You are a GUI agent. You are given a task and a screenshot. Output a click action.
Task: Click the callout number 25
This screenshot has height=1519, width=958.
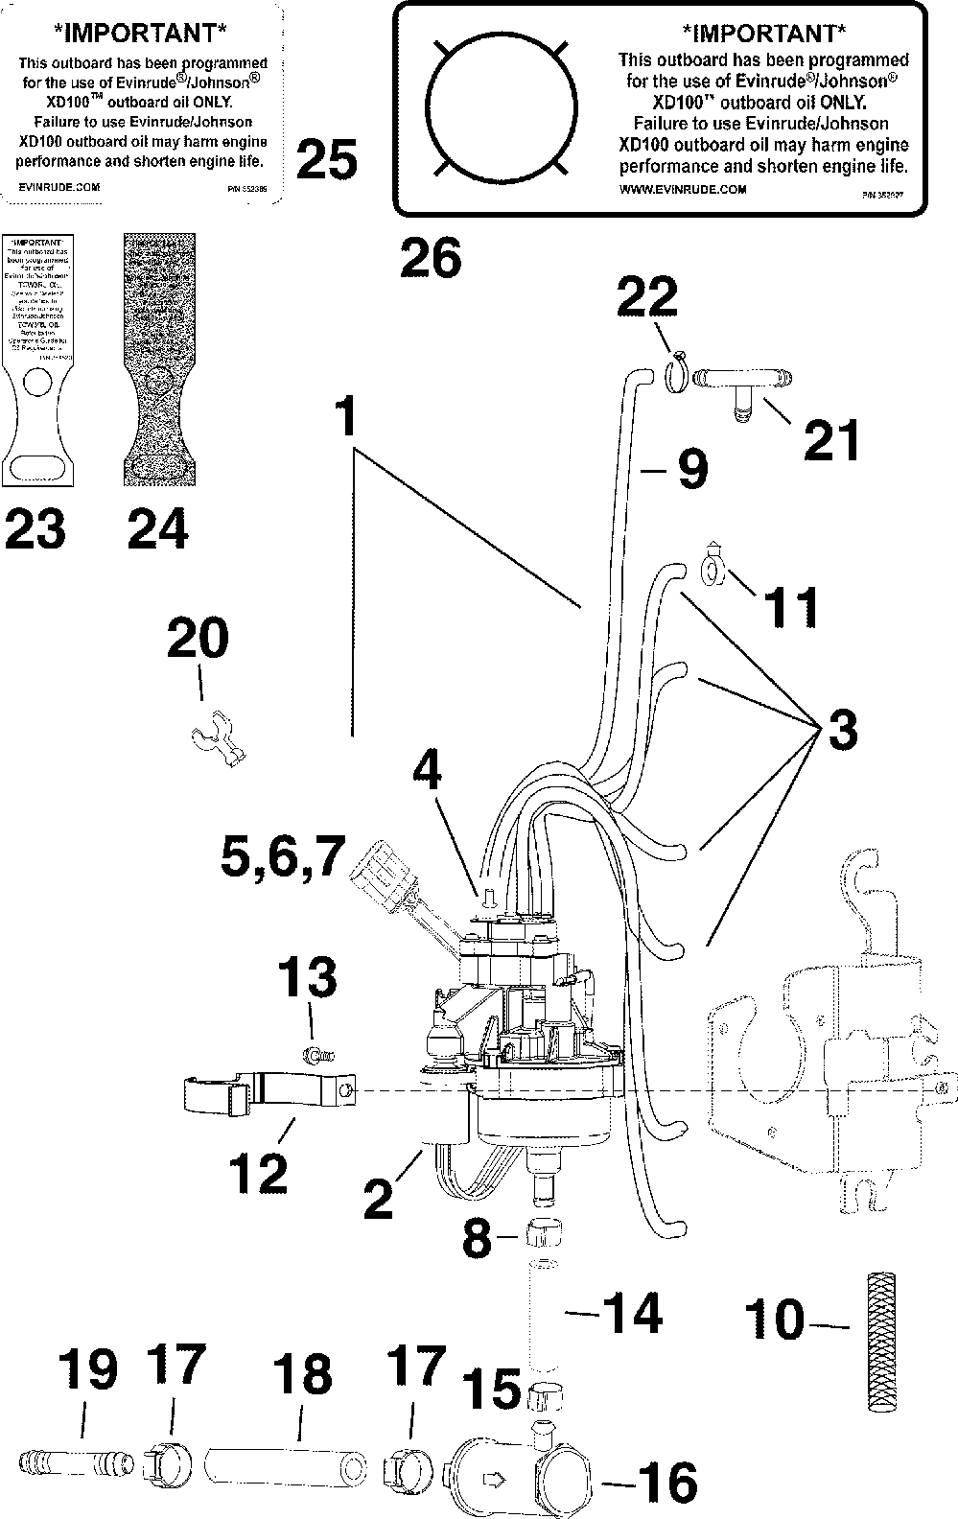[x=327, y=159]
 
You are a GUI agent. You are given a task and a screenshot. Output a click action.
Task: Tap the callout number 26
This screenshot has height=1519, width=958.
[x=430, y=258]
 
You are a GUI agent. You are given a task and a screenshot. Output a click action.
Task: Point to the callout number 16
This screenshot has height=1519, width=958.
[x=666, y=1483]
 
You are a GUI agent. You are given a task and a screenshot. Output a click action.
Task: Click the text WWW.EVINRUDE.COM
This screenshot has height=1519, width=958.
[x=682, y=189]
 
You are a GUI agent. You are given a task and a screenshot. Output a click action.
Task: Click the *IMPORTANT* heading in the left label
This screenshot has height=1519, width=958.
[x=143, y=34]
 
